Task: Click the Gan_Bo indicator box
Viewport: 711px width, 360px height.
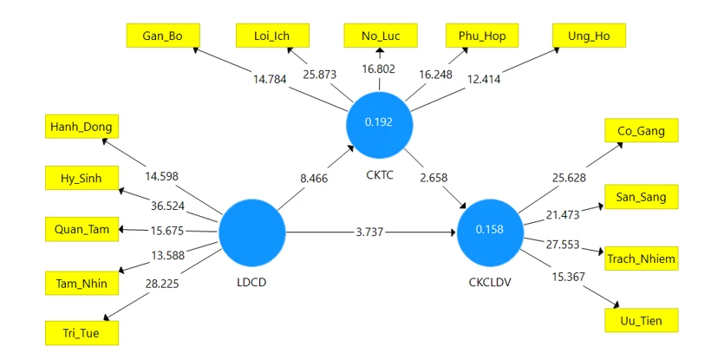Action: click(x=163, y=36)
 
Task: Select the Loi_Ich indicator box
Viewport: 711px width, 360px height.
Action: click(x=272, y=36)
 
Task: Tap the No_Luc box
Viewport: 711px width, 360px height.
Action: click(x=381, y=36)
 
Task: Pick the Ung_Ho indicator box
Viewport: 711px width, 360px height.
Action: click(x=589, y=36)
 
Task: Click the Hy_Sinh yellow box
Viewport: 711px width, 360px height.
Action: click(x=82, y=178)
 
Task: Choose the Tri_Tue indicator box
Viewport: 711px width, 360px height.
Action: click(x=82, y=333)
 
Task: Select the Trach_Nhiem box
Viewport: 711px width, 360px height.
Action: click(x=641, y=259)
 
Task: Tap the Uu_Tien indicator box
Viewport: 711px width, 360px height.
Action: click(x=641, y=320)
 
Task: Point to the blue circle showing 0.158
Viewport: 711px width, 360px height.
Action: click(x=490, y=232)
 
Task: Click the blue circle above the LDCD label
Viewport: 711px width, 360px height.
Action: click(x=252, y=232)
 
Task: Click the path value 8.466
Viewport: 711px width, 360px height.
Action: click(x=314, y=178)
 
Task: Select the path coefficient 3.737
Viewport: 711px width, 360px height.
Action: click(x=369, y=232)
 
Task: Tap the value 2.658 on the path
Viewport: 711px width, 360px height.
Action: click(x=434, y=178)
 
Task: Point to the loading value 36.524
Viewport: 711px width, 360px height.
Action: click(x=167, y=206)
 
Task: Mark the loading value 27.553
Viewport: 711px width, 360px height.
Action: click(x=563, y=245)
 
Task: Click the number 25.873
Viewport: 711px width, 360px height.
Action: click(x=320, y=75)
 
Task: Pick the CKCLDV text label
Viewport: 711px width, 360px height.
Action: click(x=490, y=282)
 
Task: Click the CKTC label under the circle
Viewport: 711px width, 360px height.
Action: click(x=380, y=175)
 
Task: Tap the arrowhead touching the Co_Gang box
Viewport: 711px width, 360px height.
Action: click(x=619, y=146)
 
